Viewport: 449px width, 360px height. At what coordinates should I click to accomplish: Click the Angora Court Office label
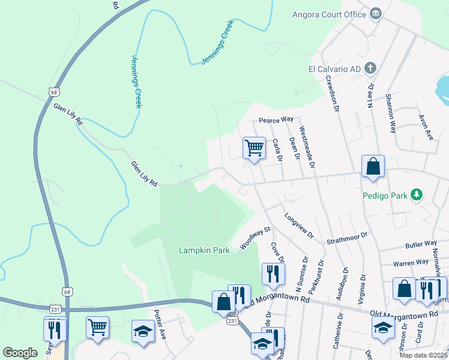point(329,14)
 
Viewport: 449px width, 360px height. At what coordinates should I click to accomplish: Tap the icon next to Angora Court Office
point(376,13)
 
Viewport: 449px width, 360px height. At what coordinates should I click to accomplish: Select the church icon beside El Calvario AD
point(371,68)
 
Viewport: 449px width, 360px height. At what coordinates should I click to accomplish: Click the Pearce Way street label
point(276,121)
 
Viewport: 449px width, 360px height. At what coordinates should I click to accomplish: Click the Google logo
point(20,353)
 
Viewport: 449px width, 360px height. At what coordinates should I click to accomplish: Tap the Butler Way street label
point(421,244)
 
